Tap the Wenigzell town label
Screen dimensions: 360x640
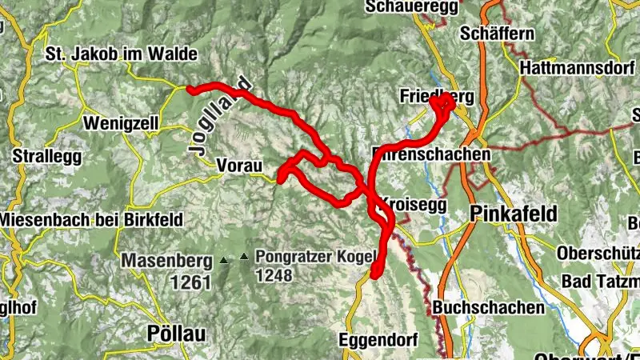121,124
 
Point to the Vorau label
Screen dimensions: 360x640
239,165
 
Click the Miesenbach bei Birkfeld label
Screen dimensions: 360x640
91,219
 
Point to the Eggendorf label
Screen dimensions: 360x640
378,339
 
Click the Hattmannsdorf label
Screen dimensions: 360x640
575,69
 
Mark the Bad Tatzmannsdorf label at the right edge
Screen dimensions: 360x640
601,282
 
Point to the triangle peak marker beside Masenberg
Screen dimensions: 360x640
223,260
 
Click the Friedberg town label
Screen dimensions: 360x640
437,97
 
